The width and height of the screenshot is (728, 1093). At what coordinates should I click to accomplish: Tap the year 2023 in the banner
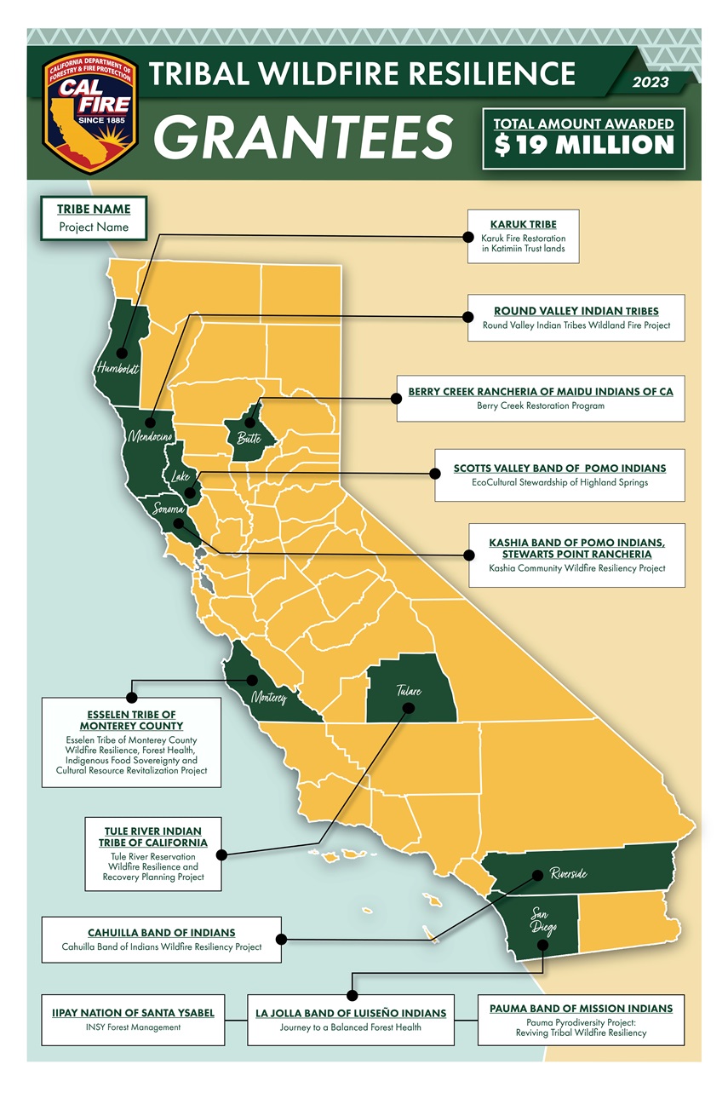click(651, 83)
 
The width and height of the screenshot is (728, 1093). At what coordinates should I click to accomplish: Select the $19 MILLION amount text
click(584, 144)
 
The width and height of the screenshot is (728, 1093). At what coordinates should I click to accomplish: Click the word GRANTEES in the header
click(302, 136)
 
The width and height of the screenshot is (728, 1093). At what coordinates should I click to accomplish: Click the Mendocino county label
click(151, 437)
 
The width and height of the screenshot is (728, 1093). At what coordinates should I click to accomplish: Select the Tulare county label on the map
click(408, 691)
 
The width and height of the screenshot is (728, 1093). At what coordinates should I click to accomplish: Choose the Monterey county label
click(273, 698)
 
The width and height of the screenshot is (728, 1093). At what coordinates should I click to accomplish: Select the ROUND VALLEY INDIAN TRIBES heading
click(576, 311)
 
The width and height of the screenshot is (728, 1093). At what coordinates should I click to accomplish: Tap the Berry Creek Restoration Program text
click(540, 406)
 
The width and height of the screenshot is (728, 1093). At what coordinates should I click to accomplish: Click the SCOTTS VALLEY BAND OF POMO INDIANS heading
click(559, 469)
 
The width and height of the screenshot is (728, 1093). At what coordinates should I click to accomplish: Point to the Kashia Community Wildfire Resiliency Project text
click(576, 568)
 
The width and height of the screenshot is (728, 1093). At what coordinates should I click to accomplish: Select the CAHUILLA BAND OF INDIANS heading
click(162, 933)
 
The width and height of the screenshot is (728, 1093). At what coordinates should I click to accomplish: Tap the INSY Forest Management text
click(134, 1027)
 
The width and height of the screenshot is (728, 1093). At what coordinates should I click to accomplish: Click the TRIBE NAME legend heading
click(94, 210)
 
